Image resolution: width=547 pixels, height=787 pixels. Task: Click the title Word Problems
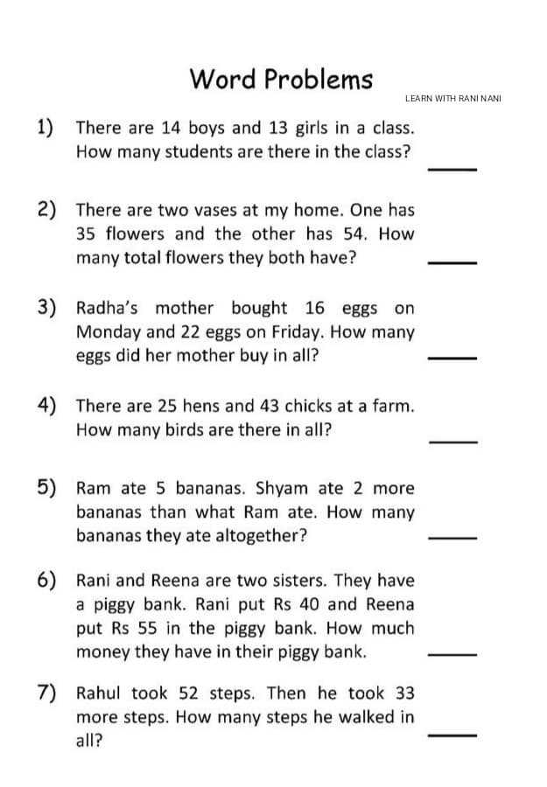click(281, 79)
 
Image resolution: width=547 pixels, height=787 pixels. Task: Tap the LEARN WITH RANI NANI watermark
click(452, 99)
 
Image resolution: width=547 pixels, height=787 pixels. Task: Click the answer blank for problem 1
click(452, 169)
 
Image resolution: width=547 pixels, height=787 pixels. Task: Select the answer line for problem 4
click(452, 442)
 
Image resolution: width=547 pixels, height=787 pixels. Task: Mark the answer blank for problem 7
click(452, 735)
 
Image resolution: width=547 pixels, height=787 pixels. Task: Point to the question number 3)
click(48, 307)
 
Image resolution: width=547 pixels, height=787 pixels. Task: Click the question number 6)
click(48, 580)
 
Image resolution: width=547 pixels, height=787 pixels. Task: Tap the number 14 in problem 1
click(171, 128)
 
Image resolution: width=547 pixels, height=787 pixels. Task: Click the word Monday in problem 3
click(104, 332)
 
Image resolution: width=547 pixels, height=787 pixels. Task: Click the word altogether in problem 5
click(259, 535)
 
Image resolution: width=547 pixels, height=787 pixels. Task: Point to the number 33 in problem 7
click(403, 693)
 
